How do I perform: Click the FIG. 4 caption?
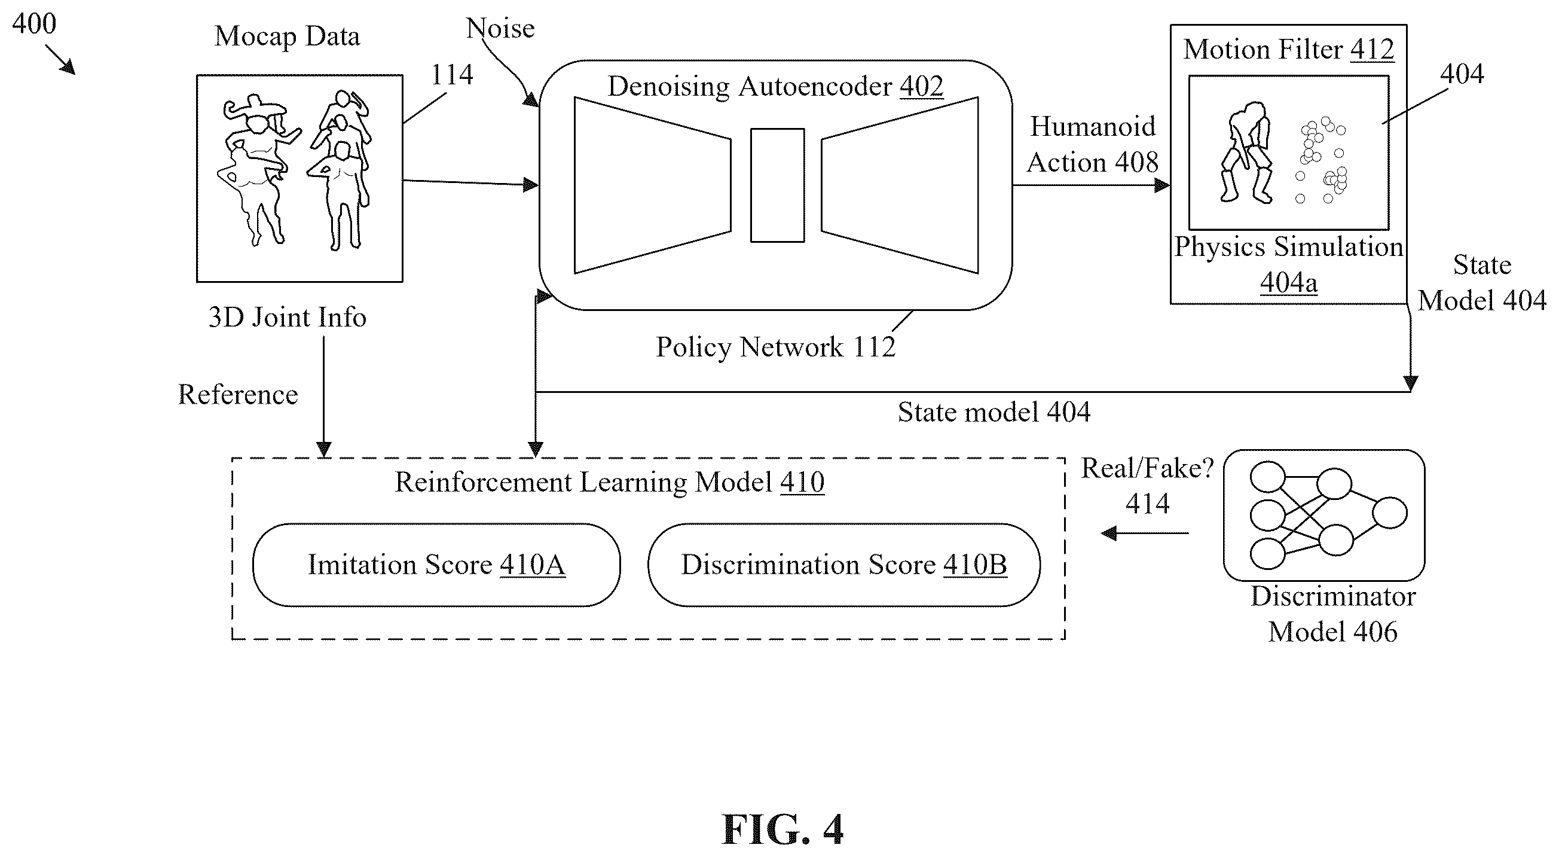coord(782,829)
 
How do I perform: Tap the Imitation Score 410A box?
coord(436,565)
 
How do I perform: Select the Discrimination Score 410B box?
coord(844,565)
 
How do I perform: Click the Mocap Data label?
coord(287,36)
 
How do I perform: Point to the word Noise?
coord(500,28)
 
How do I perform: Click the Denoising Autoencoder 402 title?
coord(775,86)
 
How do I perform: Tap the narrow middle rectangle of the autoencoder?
coord(778,185)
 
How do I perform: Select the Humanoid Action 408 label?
coord(1092,144)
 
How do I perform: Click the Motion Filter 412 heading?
coord(1288,49)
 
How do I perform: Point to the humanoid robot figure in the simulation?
coord(1246,153)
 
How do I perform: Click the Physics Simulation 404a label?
coord(1288,264)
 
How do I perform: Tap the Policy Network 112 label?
coord(775,347)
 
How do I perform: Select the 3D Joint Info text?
coord(288,318)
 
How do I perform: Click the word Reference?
coord(238,394)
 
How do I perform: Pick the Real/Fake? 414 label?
coord(1148,486)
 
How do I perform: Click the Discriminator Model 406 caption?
coord(1333,614)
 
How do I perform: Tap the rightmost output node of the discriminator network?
coord(1390,513)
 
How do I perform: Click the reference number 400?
coord(34,23)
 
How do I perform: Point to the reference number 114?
coord(451,75)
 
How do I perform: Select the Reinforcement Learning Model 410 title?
coord(610,482)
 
